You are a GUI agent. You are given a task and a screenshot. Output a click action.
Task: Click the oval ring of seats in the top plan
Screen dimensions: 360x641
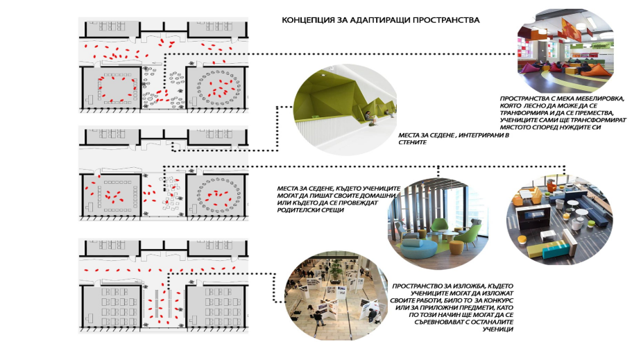(x=217, y=87)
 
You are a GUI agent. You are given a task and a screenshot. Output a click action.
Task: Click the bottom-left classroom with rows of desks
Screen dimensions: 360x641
(x=115, y=304)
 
